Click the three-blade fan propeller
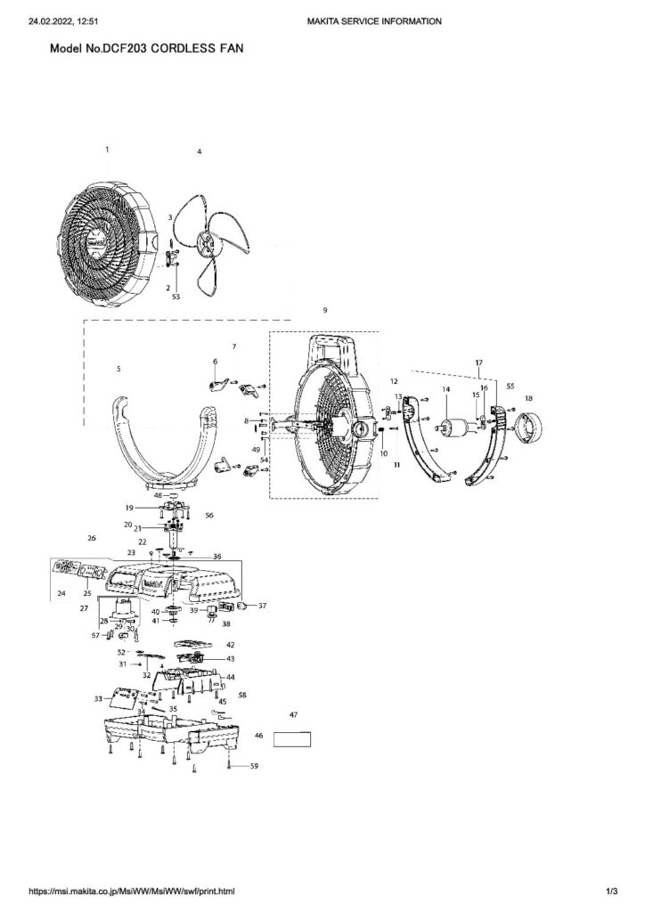(x=210, y=239)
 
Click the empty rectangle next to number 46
(x=292, y=738)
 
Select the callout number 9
(x=325, y=310)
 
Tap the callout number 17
(x=478, y=362)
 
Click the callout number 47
(x=293, y=715)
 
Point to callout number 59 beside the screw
(x=254, y=766)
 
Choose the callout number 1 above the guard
(x=107, y=150)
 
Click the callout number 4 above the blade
(x=200, y=152)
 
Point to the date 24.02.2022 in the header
(x=48, y=20)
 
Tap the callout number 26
(x=91, y=539)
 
